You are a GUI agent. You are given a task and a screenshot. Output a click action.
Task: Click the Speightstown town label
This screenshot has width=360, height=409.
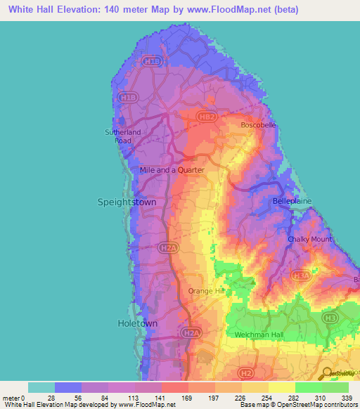point(126,202)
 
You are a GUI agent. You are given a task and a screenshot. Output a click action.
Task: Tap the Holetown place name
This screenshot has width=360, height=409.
point(136,323)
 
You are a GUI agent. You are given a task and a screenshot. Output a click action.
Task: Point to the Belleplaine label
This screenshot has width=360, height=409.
point(292,201)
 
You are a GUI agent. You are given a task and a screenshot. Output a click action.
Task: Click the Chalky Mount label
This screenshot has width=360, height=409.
point(309,240)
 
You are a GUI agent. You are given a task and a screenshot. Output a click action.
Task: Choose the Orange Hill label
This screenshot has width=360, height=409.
point(206,290)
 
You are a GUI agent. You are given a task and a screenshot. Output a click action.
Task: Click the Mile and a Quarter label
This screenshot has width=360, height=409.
point(172,170)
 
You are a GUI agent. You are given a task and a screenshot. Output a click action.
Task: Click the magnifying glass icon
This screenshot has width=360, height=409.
point(327,372)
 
